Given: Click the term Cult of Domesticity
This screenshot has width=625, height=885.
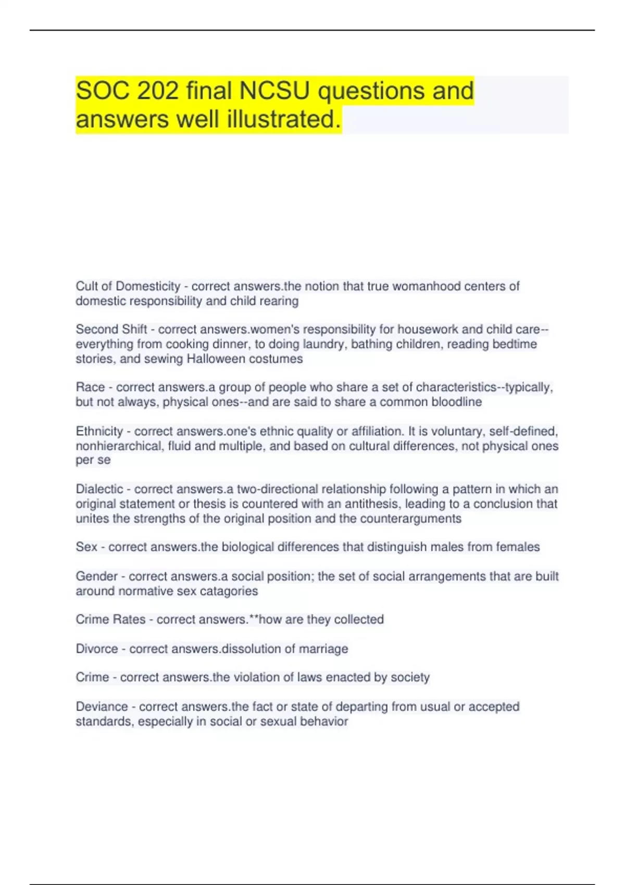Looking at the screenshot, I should (128, 286).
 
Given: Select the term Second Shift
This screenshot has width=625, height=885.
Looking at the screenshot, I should (111, 330).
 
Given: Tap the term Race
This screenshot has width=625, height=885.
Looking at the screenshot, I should (90, 387).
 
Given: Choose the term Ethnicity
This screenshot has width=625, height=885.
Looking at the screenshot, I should (99, 431).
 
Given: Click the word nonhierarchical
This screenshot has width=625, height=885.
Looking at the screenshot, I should (119, 446).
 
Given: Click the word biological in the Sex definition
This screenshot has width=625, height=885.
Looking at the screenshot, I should (247, 547).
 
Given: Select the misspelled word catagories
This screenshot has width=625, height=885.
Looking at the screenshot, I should (232, 591).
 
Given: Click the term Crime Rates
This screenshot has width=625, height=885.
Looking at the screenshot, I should (110, 619).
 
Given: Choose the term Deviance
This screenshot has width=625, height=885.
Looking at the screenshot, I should (102, 707).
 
